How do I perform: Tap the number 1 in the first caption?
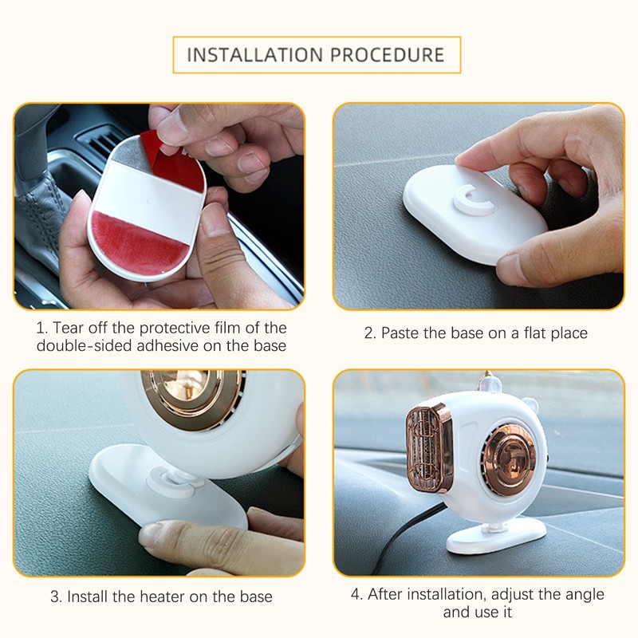point(40,328)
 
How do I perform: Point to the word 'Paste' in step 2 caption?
point(400,333)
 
